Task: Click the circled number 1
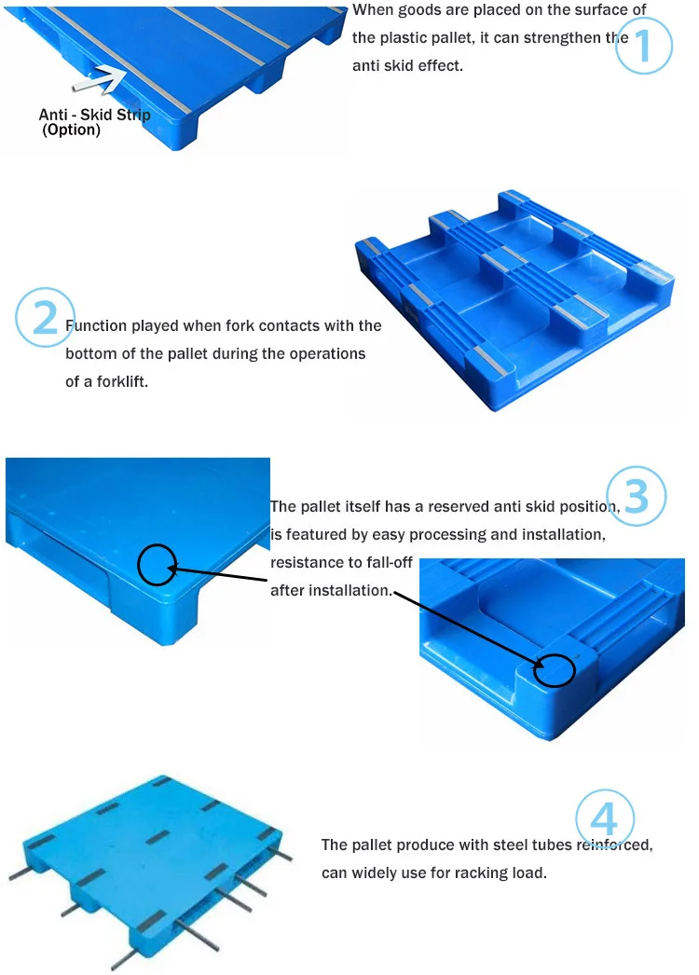pos(644,46)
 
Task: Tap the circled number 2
pos(45,317)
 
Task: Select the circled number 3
pos(637,496)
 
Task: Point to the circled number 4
pos(605,818)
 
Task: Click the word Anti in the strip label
pos(53,115)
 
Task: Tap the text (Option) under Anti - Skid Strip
pos(71,130)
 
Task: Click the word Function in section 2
pos(96,325)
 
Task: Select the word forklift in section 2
pos(122,381)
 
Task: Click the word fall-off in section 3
pos(389,562)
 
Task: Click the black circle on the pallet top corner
pos(157,565)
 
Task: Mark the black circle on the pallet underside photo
pos(555,670)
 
